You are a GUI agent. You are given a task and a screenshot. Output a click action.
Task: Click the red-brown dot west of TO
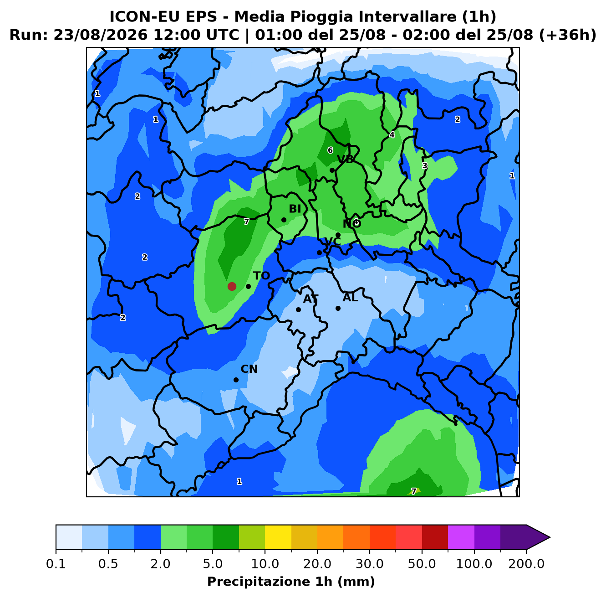click(x=232, y=286)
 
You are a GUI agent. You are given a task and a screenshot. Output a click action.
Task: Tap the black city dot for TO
click(x=248, y=286)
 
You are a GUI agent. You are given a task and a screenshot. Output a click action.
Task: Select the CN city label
click(x=249, y=369)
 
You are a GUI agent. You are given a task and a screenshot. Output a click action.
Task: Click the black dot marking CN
click(x=236, y=380)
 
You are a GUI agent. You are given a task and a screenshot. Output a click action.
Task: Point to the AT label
click(x=311, y=299)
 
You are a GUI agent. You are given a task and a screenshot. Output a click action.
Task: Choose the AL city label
click(x=350, y=297)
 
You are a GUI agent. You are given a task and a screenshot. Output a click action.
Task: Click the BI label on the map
click(x=295, y=208)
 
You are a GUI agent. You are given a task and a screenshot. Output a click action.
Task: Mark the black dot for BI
click(x=284, y=220)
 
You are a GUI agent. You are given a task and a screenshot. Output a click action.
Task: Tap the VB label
click(x=345, y=159)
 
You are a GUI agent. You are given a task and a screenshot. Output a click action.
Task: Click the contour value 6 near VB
click(x=330, y=150)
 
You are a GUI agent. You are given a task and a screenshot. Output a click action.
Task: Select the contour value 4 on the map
click(x=392, y=135)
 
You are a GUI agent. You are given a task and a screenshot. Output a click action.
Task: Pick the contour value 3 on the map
click(x=424, y=165)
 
